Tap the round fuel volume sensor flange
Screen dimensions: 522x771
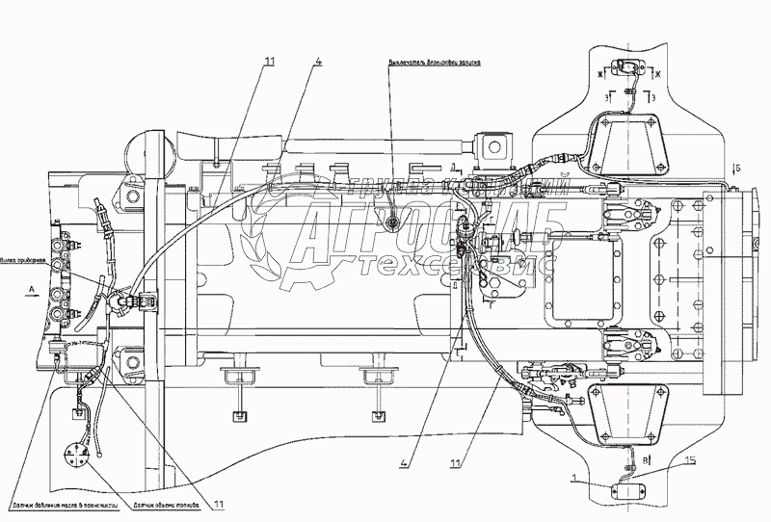pyautogui.click(x=76, y=457)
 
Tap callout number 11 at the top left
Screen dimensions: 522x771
pyautogui.click(x=269, y=63)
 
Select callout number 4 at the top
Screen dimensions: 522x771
pyautogui.click(x=317, y=63)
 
